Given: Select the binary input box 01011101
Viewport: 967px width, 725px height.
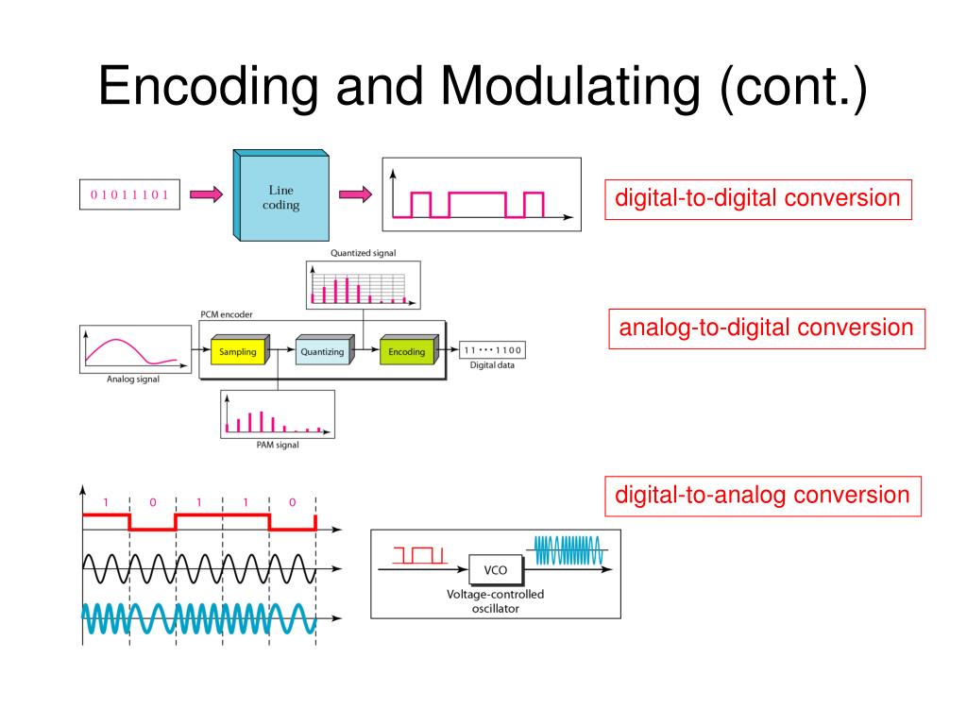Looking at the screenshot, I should click(129, 195).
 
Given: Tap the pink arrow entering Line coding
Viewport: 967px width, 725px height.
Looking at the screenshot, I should click(206, 195).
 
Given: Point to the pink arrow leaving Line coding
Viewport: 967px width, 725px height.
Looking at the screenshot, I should click(354, 195).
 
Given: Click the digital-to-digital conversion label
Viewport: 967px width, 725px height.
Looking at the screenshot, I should click(757, 199).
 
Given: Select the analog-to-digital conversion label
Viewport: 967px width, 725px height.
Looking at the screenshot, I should click(766, 329).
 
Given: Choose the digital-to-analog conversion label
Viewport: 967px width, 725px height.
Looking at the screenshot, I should click(762, 496).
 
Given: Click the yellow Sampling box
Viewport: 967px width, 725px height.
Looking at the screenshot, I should click(238, 352).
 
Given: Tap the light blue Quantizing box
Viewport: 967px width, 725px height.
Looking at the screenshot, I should click(323, 352).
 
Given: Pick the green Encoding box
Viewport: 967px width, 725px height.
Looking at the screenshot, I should click(408, 352).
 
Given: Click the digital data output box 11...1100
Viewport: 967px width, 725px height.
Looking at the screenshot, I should click(492, 351).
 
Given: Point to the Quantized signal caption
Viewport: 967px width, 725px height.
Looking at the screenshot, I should click(364, 253).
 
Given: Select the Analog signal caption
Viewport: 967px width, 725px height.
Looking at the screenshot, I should click(132, 380).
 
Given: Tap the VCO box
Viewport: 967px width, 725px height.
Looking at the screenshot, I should click(495, 571).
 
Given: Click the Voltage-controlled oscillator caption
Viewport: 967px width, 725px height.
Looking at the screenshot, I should click(495, 601).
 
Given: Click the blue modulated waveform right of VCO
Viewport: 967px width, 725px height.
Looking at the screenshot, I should click(567, 549).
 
